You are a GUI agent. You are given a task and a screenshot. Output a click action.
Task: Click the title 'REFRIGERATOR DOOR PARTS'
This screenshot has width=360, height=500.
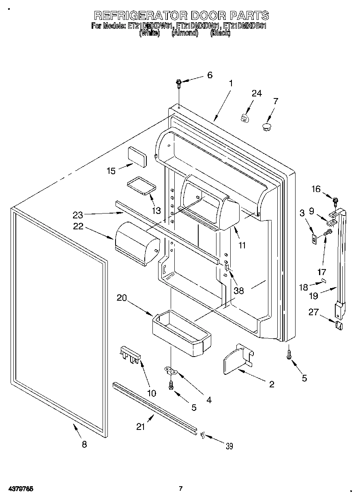pos(181,15)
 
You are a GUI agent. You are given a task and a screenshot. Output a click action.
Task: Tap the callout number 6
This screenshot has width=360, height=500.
pos(210,75)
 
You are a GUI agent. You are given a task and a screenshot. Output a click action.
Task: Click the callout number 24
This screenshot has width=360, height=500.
pos(257,93)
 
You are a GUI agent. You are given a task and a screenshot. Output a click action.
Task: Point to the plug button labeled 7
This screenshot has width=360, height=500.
pos(266,128)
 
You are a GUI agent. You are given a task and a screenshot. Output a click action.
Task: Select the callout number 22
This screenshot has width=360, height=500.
pos(78,226)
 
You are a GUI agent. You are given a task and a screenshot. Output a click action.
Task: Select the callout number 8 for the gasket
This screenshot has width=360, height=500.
pos(84,444)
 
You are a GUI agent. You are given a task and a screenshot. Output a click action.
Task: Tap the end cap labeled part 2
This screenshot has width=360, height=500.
pos(237,359)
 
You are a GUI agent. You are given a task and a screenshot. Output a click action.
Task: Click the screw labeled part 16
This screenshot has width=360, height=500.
pos(335,200)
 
